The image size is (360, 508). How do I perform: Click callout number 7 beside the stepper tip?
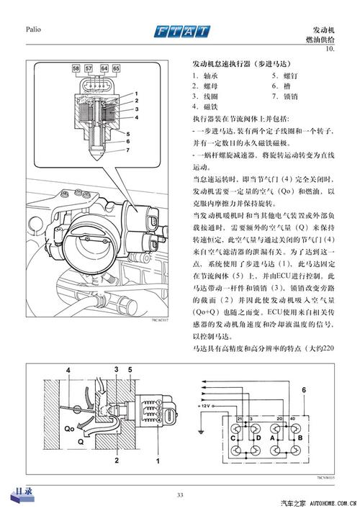[x=127, y=150]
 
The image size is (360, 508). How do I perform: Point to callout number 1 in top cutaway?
[x=135, y=94]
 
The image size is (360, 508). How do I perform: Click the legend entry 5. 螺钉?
[x=283, y=74]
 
